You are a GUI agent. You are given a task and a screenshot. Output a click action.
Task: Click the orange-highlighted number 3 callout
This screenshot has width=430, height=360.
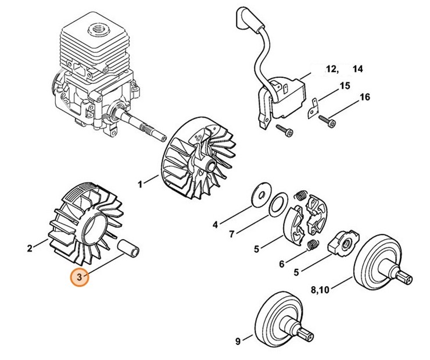[80, 277]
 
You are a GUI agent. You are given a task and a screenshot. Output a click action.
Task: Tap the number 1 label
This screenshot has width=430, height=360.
[139, 184]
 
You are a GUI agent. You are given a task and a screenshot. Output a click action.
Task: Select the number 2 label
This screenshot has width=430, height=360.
[30, 249]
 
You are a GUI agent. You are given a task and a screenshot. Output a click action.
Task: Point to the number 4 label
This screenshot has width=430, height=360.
[214, 224]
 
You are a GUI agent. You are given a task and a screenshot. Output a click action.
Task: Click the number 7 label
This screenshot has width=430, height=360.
[231, 234]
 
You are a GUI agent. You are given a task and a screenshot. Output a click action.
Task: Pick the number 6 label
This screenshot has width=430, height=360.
[282, 264]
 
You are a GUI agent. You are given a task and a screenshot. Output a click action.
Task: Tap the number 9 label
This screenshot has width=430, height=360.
[237, 341]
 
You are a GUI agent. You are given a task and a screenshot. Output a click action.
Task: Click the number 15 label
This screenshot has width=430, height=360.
[345, 86]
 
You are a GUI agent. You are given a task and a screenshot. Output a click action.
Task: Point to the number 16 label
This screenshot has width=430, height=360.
[364, 97]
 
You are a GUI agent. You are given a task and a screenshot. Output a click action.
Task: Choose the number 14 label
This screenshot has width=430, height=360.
[357, 69]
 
